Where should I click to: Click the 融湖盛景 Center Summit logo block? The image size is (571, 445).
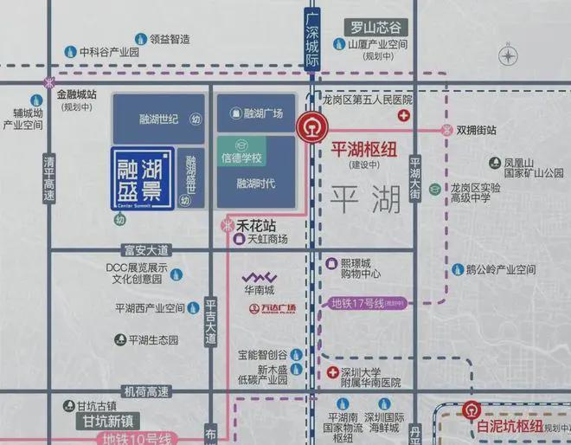143,177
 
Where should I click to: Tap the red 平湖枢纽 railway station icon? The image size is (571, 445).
307,128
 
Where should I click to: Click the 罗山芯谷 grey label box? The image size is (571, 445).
375,27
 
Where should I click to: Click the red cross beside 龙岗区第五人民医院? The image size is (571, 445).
402,115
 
